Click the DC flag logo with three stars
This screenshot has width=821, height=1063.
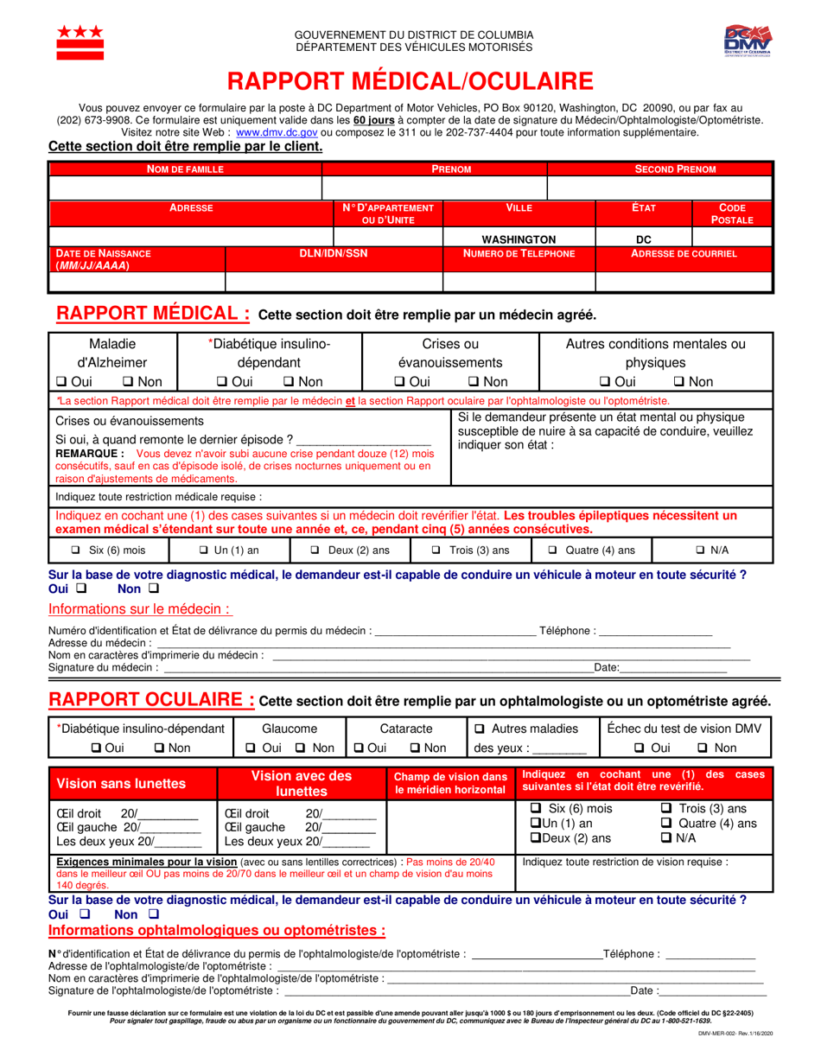pyautogui.click(x=80, y=41)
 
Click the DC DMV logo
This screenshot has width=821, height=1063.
pyautogui.click(x=748, y=41)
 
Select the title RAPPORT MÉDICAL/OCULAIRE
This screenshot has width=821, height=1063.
pyautogui.click(x=410, y=81)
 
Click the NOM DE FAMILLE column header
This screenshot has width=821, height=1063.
pyautogui.click(x=185, y=169)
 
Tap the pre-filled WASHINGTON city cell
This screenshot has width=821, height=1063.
pyautogui.click(x=519, y=239)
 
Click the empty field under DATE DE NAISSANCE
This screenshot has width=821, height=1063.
pyautogui.click(x=137, y=282)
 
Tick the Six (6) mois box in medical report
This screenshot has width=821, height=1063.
pyautogui.click(x=75, y=551)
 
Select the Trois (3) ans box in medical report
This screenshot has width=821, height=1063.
pyautogui.click(x=437, y=551)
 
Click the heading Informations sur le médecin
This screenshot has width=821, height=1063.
pyautogui.click(x=139, y=608)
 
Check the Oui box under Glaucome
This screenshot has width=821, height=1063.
pyautogui.click(x=250, y=748)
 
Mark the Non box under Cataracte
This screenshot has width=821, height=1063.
pyautogui.click(x=415, y=748)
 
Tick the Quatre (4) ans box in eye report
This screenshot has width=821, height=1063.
pyautogui.click(x=666, y=824)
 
